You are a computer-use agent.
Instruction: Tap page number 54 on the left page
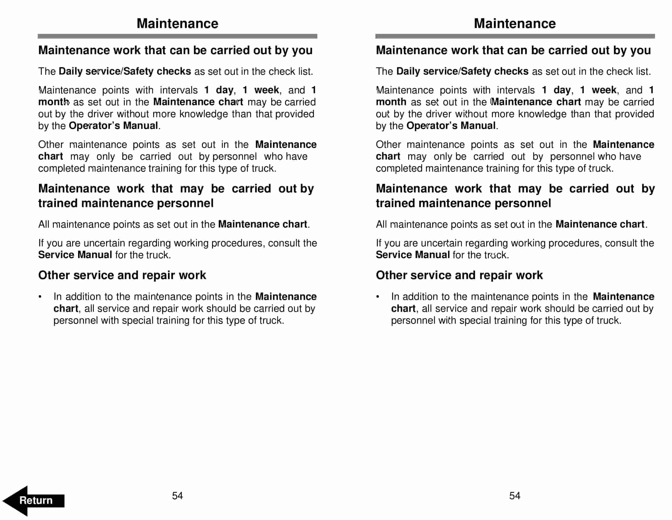tap(177, 496)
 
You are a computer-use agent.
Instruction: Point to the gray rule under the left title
tap(177, 36)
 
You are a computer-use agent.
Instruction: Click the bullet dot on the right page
tap(378, 297)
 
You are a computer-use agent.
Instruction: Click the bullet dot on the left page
tap(40, 297)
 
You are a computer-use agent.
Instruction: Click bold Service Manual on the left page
tap(75, 255)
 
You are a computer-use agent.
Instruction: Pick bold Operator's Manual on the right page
tap(451, 126)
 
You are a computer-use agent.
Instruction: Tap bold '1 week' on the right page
tap(598, 90)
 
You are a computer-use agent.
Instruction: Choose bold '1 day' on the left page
tap(219, 90)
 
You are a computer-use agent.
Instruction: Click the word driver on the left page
tap(100, 114)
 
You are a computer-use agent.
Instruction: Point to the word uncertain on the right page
tap(441, 243)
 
